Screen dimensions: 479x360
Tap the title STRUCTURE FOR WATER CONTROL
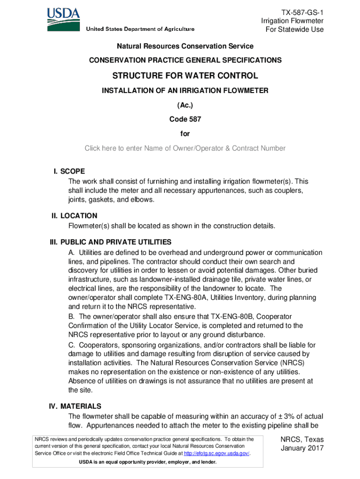pyautogui.click(x=185, y=75)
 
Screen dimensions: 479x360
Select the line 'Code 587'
pyautogui.click(x=185, y=119)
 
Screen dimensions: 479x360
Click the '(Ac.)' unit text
pyautogui.click(x=185, y=105)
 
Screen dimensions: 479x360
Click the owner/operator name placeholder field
pyautogui.click(x=185, y=148)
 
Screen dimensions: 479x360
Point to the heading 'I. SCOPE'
pyautogui.click(x=69, y=171)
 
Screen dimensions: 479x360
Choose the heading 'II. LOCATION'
pyautogui.click(x=74, y=216)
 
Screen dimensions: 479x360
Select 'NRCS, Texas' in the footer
pyautogui.click(x=302, y=440)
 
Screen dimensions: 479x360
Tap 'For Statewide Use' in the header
pyautogui.click(x=295, y=29)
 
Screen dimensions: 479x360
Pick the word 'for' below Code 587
pyautogui.click(x=185, y=134)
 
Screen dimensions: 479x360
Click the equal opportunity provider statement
pyautogui.click(x=148, y=462)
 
